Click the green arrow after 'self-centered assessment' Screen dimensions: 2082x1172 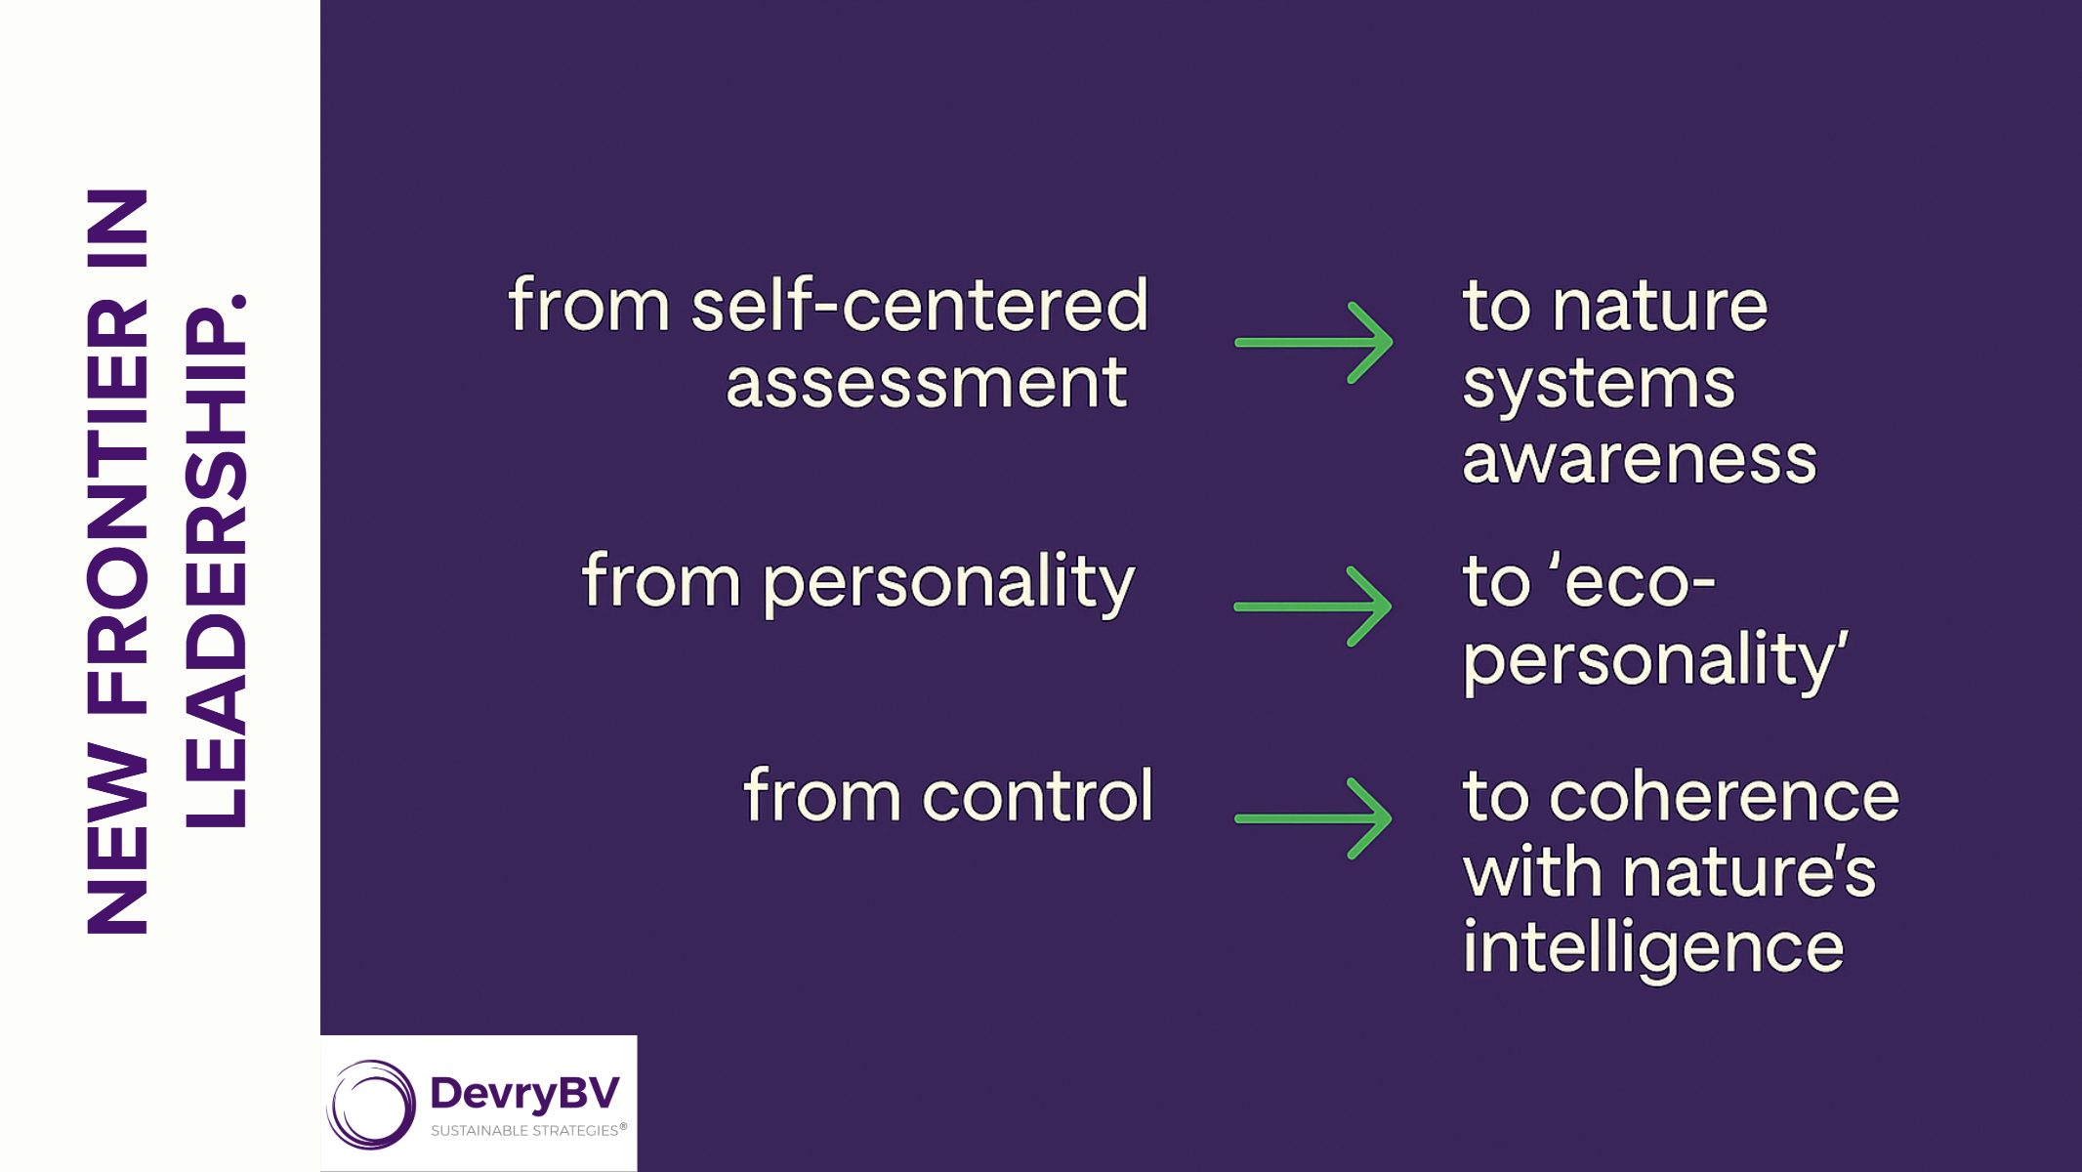pyautogui.click(x=1314, y=342)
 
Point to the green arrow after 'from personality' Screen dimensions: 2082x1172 pyautogui.click(x=1313, y=607)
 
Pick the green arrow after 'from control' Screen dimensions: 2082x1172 pyautogui.click(x=1313, y=818)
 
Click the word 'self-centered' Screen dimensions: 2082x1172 pyautogui.click(x=919, y=305)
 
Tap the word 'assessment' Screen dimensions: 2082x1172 pyautogui.click(x=926, y=382)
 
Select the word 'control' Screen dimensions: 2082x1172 pyautogui.click(x=1037, y=795)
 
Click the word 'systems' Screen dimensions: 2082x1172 pyautogui.click(x=1599, y=383)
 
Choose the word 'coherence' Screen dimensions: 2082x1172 pyautogui.click(x=1724, y=795)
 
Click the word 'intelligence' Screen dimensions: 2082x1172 pyautogui.click(x=1652, y=947)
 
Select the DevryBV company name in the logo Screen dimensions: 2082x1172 pyautogui.click(x=524, y=1093)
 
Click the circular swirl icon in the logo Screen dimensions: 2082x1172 pyautogui.click(x=371, y=1105)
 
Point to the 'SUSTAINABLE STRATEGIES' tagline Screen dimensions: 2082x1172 pyautogui.click(x=525, y=1131)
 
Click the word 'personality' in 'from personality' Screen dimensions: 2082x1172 pyautogui.click(x=947, y=583)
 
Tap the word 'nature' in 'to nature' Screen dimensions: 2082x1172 pyautogui.click(x=1659, y=306)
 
